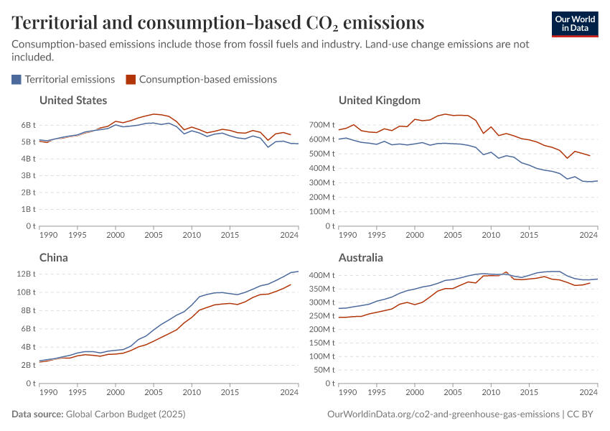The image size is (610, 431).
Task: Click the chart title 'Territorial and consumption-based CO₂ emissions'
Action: [217, 23]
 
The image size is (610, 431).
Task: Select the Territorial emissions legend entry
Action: [63, 79]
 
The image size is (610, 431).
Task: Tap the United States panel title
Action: [73, 100]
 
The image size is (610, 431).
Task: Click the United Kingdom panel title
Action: [379, 100]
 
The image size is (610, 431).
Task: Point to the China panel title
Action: [54, 257]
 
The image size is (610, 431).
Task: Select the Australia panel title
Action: [360, 257]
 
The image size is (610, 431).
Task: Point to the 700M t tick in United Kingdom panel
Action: [322, 125]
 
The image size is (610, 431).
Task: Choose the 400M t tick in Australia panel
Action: [322, 275]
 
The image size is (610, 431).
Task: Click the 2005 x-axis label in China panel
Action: [153, 392]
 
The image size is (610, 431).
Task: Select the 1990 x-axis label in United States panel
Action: [49, 235]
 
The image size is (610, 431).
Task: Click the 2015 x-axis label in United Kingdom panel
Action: [528, 235]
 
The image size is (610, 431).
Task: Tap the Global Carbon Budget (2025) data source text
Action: [124, 414]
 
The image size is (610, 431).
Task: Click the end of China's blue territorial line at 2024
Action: [298, 272]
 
